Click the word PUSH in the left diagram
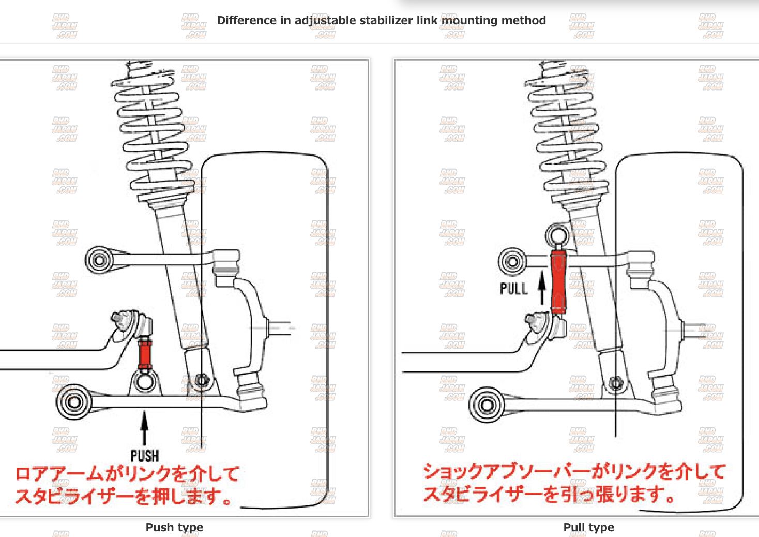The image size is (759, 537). pyautogui.click(x=145, y=456)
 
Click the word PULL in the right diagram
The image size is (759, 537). pyautogui.click(x=513, y=288)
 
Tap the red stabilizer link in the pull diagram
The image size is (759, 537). pyautogui.click(x=558, y=281)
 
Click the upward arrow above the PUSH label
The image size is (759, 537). pyautogui.click(x=145, y=427)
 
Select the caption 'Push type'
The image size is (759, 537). pyautogui.click(x=174, y=527)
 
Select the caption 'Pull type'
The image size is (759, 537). pyautogui.click(x=588, y=527)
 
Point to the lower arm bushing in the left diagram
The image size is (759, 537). pyautogui.click(x=73, y=402)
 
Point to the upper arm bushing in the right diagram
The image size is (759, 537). pyautogui.click(x=512, y=261)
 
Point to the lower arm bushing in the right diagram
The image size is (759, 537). pyautogui.click(x=486, y=405)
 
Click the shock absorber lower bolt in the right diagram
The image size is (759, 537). pyautogui.click(x=615, y=383)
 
